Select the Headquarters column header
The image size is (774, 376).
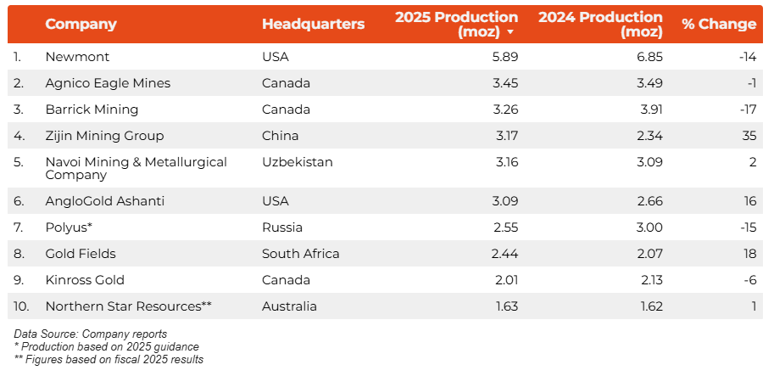[x=313, y=24]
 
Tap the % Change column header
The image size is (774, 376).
[x=718, y=24]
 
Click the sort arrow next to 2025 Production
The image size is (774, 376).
[x=510, y=32]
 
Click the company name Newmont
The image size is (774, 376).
[x=77, y=57]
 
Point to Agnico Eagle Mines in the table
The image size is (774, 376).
[x=108, y=83]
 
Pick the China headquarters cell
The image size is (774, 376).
[x=280, y=136]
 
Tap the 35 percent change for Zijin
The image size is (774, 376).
[x=748, y=136]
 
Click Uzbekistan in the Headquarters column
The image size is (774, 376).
[x=298, y=162]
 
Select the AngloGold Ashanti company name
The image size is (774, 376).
[x=104, y=201]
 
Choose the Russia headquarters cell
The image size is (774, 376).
[x=282, y=227]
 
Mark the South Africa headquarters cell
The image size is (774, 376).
[x=300, y=254]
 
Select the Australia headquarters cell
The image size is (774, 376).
[x=289, y=306]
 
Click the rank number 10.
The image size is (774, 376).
[x=22, y=306]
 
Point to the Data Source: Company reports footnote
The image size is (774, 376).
[x=90, y=334]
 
